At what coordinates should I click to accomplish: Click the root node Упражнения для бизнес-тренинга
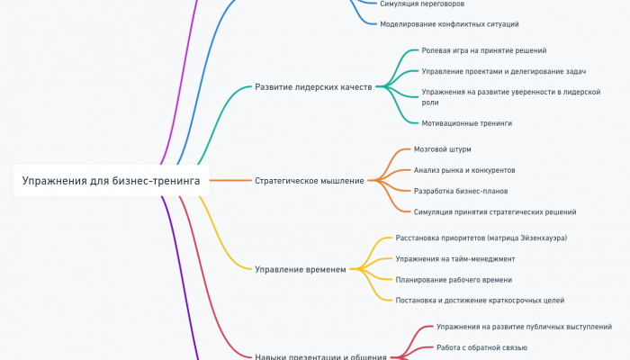point(112,180)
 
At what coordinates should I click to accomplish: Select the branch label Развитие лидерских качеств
point(314,87)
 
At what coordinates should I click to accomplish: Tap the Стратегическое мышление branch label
point(310,180)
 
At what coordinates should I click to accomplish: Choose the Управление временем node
point(300,268)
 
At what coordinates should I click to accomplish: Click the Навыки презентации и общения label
point(320,356)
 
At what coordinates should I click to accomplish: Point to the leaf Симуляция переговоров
point(422,4)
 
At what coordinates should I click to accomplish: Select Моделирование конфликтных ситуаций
point(449,24)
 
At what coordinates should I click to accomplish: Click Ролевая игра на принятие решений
point(483,50)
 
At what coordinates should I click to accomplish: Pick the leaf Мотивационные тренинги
point(466,122)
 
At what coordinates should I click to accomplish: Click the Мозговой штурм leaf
point(442,148)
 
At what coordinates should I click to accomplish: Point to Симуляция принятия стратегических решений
point(494,211)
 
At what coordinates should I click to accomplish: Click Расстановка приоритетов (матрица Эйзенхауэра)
point(481,238)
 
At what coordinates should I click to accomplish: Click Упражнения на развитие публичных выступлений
point(524,326)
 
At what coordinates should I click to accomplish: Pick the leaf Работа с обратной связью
point(481,346)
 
